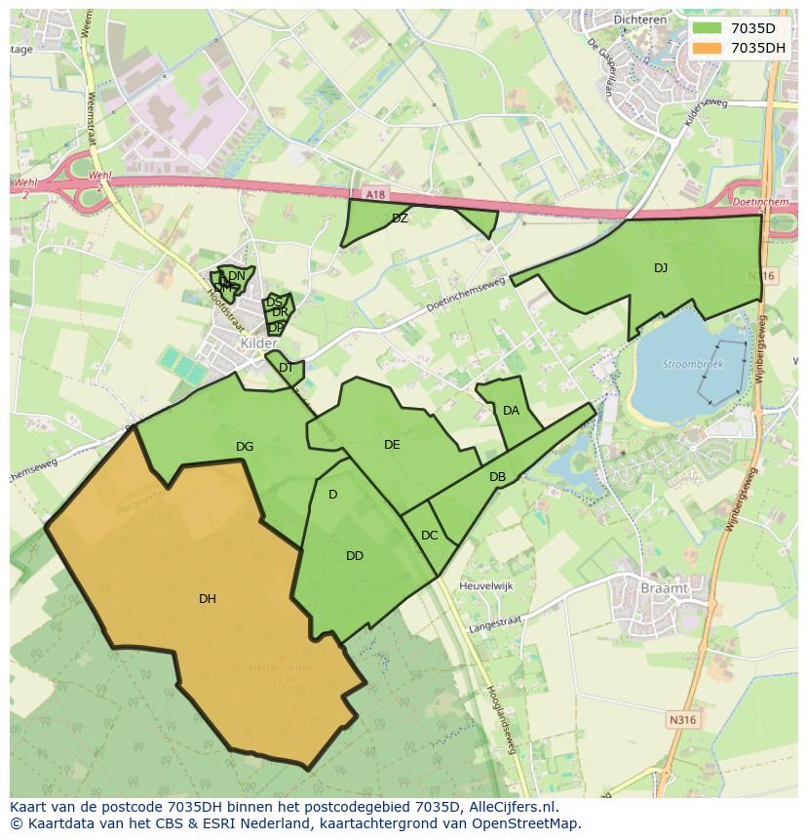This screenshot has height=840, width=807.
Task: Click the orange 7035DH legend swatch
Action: tap(708, 48)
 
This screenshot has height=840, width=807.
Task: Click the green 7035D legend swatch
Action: tap(708, 28)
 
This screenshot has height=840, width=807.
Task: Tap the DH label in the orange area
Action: tap(208, 599)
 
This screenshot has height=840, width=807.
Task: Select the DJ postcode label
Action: tap(661, 268)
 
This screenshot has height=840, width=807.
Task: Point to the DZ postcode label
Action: tap(400, 219)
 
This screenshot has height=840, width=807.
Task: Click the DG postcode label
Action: tap(245, 447)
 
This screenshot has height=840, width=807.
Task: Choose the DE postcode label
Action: tap(392, 445)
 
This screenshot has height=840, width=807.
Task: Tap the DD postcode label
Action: tap(355, 556)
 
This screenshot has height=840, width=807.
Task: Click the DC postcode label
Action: tap(429, 536)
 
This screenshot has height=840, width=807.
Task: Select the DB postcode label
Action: tap(497, 477)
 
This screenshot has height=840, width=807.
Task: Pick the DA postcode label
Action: tap(511, 411)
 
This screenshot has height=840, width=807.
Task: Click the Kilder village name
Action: tap(258, 344)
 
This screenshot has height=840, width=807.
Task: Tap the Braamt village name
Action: tap(664, 588)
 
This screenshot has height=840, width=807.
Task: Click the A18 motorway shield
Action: tap(376, 195)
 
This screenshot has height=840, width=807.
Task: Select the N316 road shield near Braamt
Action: tap(682, 720)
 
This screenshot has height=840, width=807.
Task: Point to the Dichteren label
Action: tap(638, 19)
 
